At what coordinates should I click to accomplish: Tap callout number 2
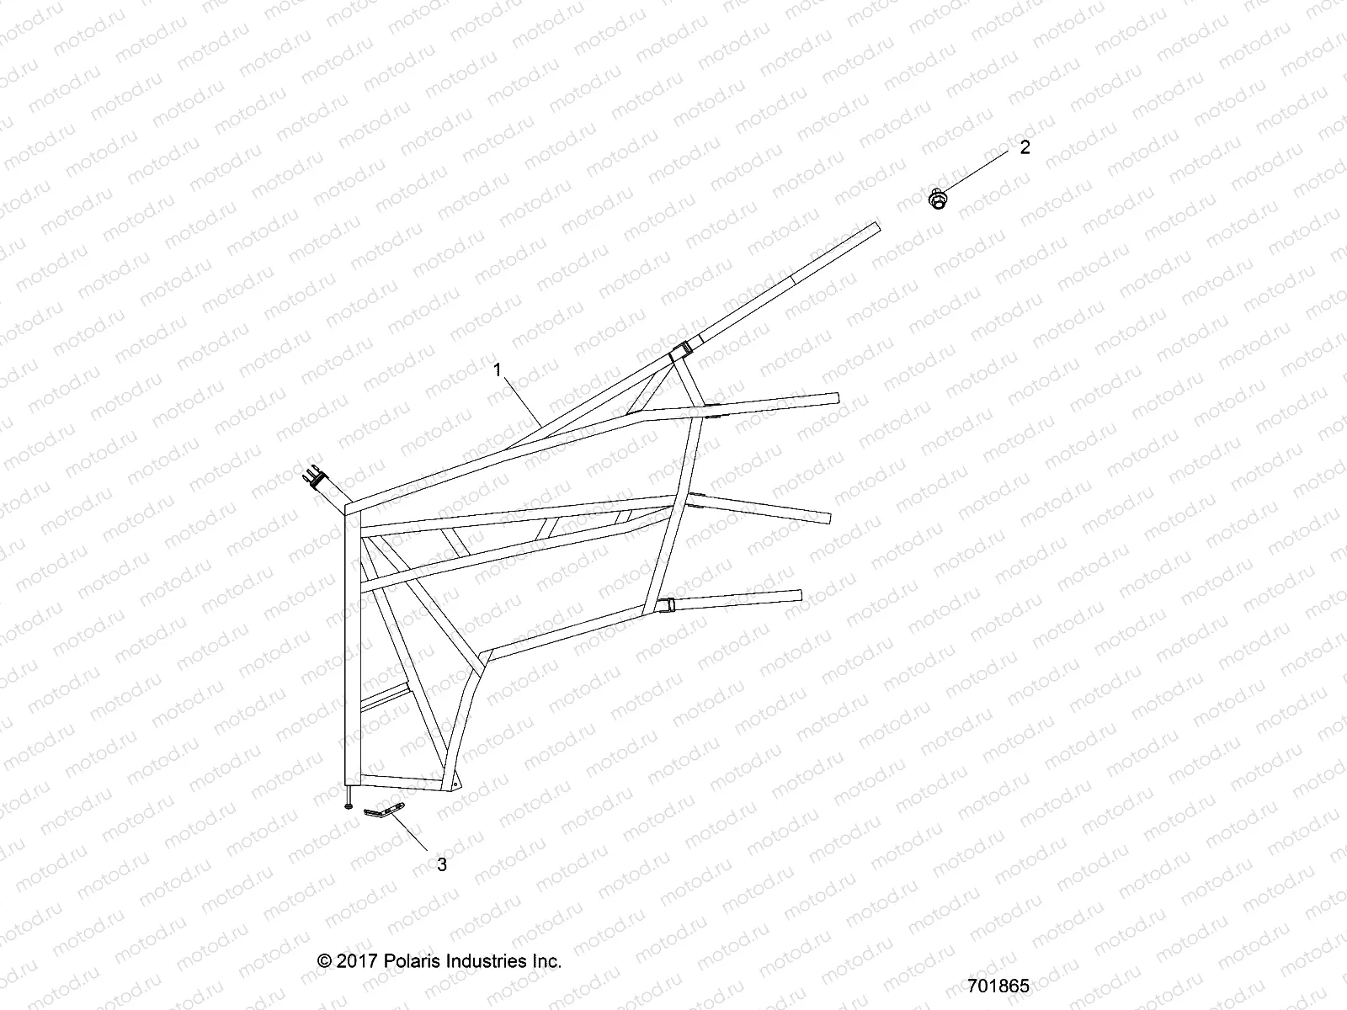(x=1025, y=147)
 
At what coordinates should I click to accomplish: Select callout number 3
(x=441, y=864)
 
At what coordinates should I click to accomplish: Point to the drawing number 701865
(x=998, y=986)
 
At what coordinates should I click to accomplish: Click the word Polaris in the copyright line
(x=409, y=960)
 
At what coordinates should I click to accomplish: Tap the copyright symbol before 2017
(x=325, y=960)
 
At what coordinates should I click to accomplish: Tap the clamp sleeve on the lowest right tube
(x=665, y=604)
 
